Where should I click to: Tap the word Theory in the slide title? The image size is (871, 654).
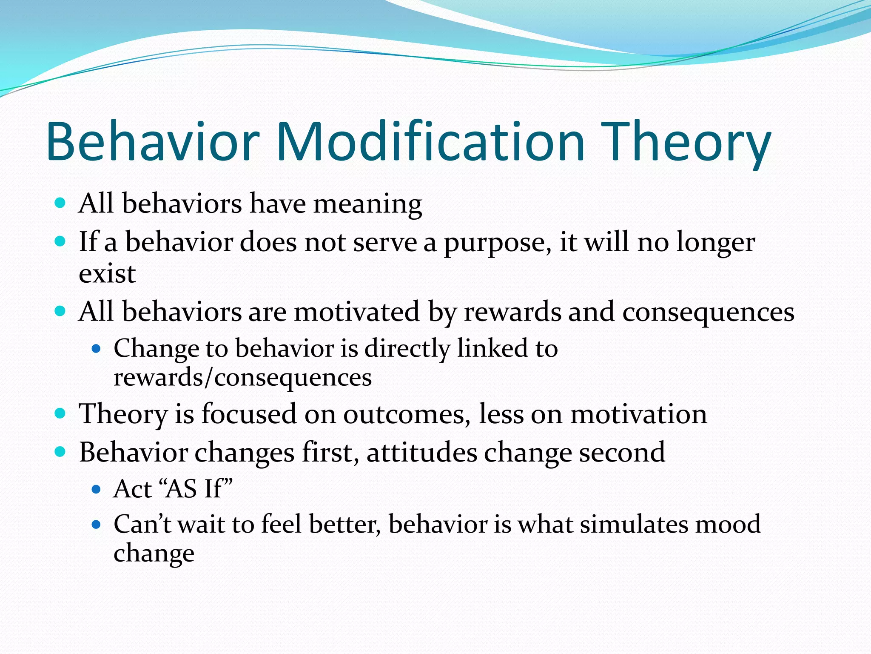(686, 143)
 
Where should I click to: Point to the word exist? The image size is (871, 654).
(107, 274)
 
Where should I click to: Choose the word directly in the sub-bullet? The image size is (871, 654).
(407, 349)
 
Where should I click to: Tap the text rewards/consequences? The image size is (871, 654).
(242, 378)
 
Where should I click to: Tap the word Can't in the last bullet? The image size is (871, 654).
(142, 524)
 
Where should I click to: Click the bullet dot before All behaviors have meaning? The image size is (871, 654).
(60, 203)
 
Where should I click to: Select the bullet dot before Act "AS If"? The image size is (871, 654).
(96, 489)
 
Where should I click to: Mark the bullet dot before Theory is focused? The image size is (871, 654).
(60, 413)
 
